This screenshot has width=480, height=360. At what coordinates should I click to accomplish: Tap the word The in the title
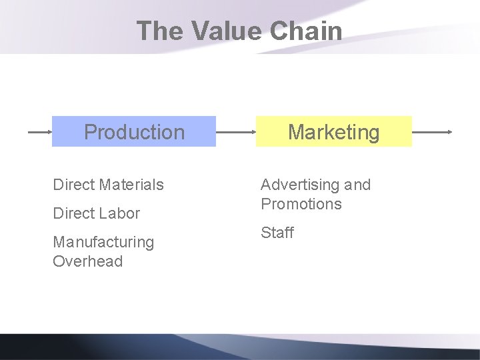coord(160,31)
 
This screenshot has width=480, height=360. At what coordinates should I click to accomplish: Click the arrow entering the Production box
coord(39,132)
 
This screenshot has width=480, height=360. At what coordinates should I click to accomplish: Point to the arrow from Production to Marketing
coord(236,132)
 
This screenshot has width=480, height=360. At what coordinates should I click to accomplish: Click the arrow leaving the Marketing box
coord(432,132)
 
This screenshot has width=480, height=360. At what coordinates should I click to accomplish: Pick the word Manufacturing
coord(103,242)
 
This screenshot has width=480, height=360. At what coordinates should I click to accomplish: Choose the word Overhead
coord(88,261)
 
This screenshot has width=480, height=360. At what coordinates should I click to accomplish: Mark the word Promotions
coord(301,204)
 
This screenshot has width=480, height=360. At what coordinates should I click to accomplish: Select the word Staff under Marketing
coord(277,233)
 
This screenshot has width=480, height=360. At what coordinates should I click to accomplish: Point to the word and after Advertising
coord(357,185)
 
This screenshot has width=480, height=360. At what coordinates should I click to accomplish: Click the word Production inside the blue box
coord(134,132)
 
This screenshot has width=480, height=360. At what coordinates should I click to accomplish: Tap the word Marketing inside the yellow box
coord(333,132)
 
